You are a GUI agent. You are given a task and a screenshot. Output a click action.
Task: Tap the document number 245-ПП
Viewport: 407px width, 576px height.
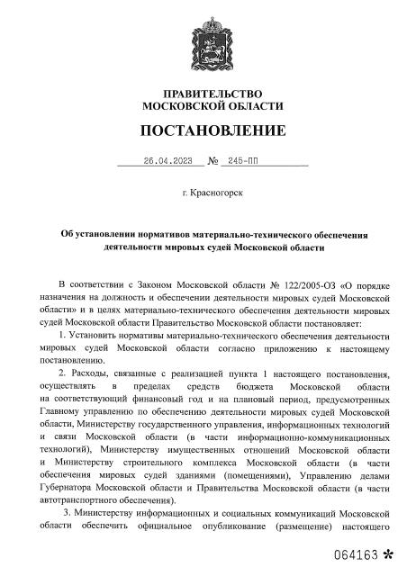coord(242,162)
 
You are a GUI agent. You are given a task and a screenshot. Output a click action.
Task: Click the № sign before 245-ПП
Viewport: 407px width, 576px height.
coord(214,162)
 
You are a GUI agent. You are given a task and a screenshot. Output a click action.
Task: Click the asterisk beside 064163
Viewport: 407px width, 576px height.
coord(388,551)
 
